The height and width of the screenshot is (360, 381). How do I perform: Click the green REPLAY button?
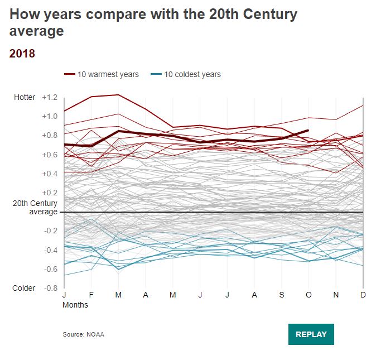311,334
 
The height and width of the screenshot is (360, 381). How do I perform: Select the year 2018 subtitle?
22,54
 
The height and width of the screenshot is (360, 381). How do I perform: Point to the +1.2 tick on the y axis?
50,97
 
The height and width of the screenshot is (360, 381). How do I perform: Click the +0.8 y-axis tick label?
50,136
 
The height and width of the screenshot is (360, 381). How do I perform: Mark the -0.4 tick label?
51,250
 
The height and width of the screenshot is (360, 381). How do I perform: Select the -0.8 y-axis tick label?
51,288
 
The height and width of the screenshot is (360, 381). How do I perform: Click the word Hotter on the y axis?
25,97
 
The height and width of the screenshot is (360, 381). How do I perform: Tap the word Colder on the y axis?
25,288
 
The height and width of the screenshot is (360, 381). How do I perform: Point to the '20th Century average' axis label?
35,208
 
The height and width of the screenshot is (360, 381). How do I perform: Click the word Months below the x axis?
75,305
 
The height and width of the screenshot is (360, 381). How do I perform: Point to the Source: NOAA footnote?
83,334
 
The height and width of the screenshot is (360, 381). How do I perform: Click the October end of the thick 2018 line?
308,131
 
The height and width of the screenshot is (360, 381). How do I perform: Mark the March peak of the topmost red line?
118,95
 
